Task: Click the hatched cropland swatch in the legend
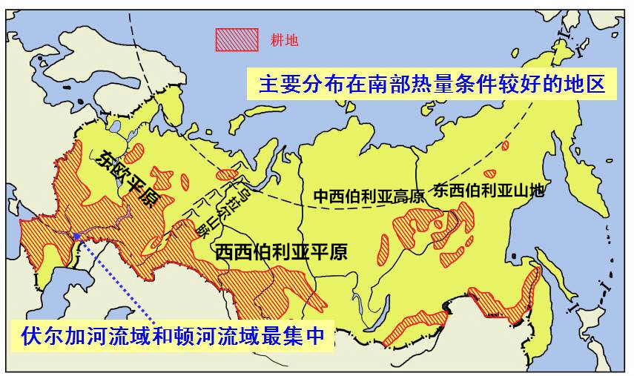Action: [x=237, y=39]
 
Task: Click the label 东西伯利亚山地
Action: [x=489, y=189]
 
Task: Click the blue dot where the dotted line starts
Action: [x=77, y=236]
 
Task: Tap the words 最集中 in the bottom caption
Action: [x=297, y=335]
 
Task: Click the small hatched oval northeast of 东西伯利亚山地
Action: [x=505, y=145]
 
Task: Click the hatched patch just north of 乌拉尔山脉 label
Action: [x=228, y=175]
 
